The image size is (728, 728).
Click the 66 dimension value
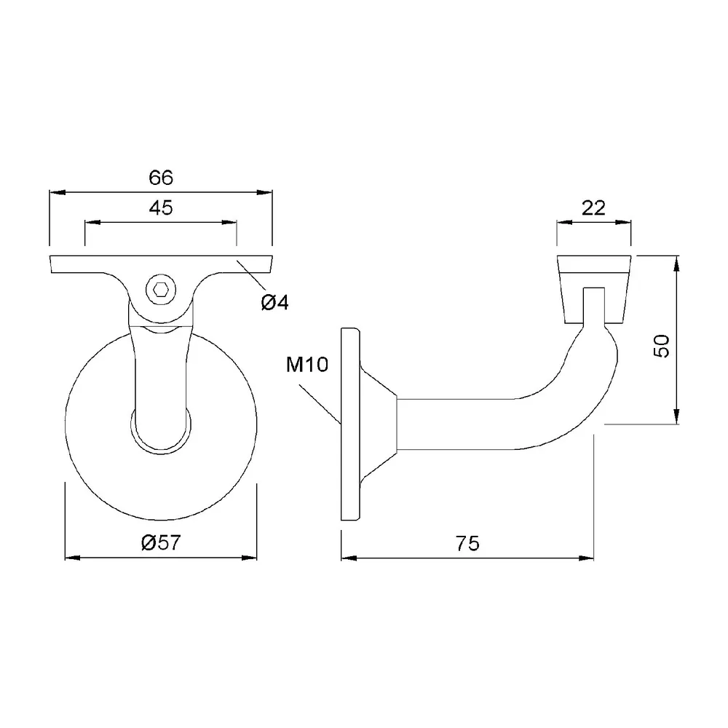(x=161, y=178)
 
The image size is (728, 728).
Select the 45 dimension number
(x=161, y=208)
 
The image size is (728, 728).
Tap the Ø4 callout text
(x=275, y=303)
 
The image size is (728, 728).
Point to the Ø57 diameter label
(x=161, y=542)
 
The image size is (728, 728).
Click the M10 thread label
(x=307, y=365)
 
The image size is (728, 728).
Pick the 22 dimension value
(x=593, y=208)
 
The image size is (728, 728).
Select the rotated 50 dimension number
(x=662, y=345)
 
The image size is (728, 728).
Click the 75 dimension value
(x=467, y=543)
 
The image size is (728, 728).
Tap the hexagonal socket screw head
(x=161, y=290)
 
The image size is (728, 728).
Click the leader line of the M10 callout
(x=320, y=404)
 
